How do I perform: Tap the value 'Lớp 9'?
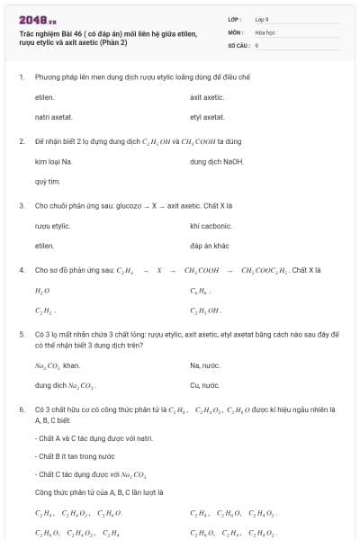point(262,19)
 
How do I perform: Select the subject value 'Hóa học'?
point(264,31)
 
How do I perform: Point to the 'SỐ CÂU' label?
point(238,44)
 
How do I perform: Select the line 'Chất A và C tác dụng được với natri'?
point(81,438)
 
